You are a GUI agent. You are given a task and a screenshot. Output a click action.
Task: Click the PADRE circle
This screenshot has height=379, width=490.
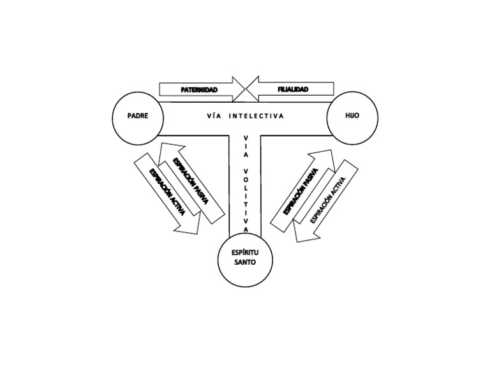point(138,117)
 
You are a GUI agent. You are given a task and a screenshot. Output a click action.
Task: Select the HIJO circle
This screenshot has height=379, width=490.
point(352,117)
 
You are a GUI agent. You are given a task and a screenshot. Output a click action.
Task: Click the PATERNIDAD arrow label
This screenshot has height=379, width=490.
point(198,90)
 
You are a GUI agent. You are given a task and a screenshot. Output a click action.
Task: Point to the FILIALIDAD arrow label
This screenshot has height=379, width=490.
point(293,90)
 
